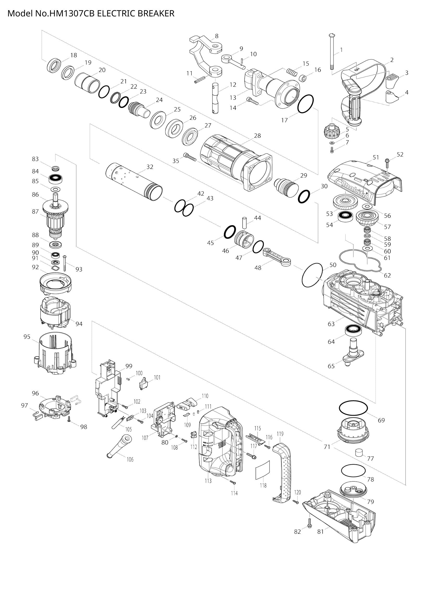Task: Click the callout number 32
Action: pyautogui.click(x=150, y=167)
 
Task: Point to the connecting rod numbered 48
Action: pyautogui.click(x=277, y=256)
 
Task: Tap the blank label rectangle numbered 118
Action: pyautogui.click(x=262, y=470)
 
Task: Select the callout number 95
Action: pyautogui.click(x=27, y=337)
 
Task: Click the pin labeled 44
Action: pyautogui.click(x=244, y=223)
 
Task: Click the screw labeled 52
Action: pyautogui.click(x=387, y=163)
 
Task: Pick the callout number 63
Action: pyautogui.click(x=331, y=324)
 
